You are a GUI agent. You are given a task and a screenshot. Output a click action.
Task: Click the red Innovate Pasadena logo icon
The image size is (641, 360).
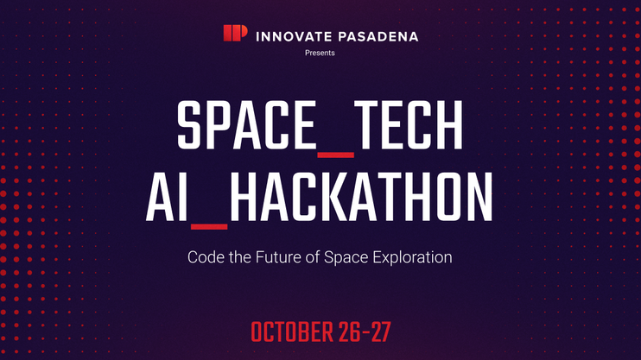pyautogui.click(x=235, y=33)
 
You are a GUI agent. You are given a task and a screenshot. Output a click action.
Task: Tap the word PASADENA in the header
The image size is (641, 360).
pyautogui.click(x=378, y=37)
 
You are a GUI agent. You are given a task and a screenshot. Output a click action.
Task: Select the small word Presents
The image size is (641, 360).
pyautogui.click(x=320, y=53)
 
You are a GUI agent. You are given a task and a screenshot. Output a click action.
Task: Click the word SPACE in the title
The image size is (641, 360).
pyautogui.click(x=247, y=124)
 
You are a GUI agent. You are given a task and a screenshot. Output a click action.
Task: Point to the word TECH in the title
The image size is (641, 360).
pyautogui.click(x=409, y=124)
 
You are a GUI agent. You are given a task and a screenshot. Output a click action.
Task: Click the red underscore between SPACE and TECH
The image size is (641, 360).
pyautogui.click(x=336, y=155)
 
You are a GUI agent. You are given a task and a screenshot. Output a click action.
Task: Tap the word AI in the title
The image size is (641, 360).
pyautogui.click(x=168, y=197)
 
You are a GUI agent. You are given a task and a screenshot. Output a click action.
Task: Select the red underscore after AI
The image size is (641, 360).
pyautogui.click(x=209, y=227)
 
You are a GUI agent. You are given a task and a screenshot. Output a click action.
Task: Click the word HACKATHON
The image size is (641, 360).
pyautogui.click(x=361, y=197)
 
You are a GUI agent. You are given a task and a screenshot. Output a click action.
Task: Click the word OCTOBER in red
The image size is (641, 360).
pyautogui.click(x=292, y=332)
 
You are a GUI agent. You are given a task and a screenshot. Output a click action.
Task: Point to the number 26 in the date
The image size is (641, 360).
pyautogui.click(x=350, y=332)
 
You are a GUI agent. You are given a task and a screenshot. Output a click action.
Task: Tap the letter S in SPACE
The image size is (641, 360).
pyautogui.click(x=190, y=124)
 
